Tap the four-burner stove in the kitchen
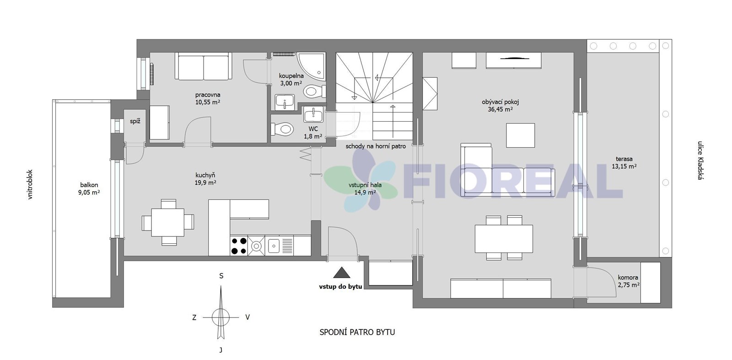click(x=239, y=246)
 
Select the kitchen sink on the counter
click(x=274, y=246)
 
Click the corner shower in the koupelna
click(x=312, y=66)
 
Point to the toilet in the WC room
click(x=281, y=129)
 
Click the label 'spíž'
click(x=135, y=122)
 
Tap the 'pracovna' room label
click(x=208, y=95)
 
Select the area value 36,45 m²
click(x=501, y=109)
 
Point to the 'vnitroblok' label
click(x=30, y=184)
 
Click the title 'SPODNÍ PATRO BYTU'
click(x=357, y=332)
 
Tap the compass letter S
click(x=221, y=276)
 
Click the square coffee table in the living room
click(x=521, y=135)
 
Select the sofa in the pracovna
click(x=204, y=66)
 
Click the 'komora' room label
click(x=628, y=278)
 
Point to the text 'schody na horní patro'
click(x=376, y=146)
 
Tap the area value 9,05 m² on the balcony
click(x=89, y=193)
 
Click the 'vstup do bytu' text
click(x=340, y=287)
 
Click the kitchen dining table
click(x=168, y=222)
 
